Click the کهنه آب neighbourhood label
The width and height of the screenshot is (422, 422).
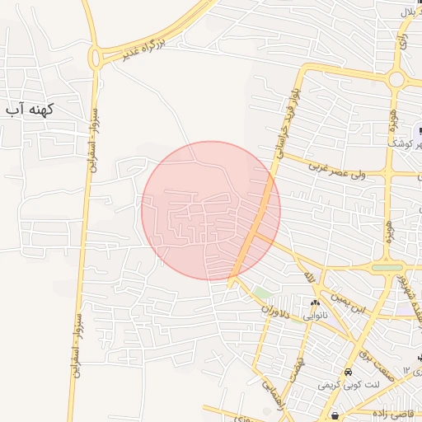29,110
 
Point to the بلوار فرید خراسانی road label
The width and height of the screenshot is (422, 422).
285,124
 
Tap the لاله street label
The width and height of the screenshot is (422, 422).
310,276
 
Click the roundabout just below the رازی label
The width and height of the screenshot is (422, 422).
396,80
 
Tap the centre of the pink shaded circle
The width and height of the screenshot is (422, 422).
211,210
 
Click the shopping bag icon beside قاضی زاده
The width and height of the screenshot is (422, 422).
335,414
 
